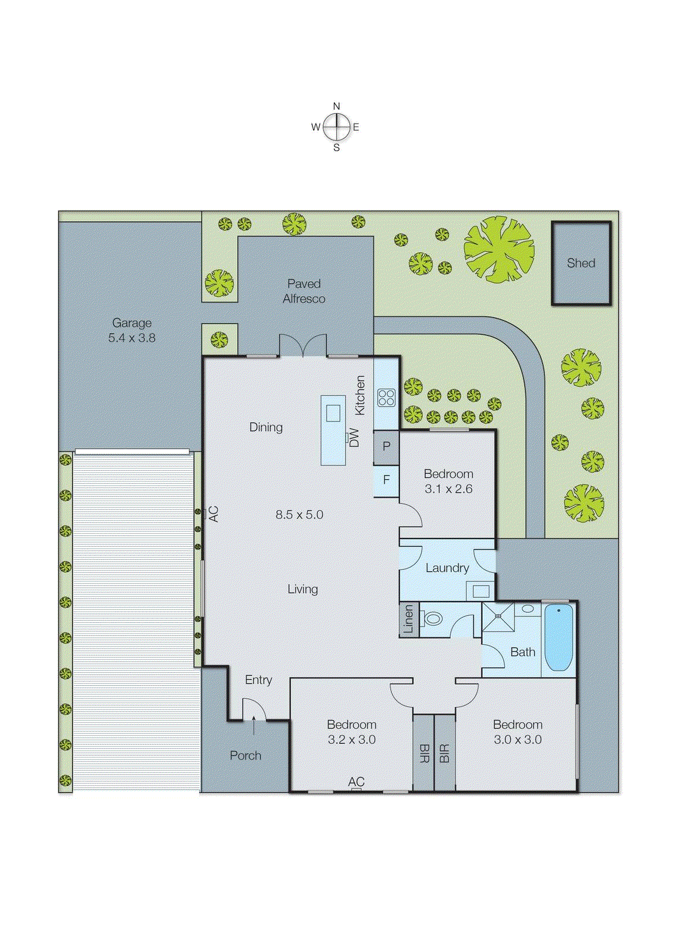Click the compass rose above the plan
click(337, 127)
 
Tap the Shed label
click(581, 263)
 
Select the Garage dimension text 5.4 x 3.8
click(132, 338)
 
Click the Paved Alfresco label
click(304, 291)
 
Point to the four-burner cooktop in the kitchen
click(386, 397)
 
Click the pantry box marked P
click(386, 446)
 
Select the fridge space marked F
click(386, 479)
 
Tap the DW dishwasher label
click(354, 437)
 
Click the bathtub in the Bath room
click(558, 637)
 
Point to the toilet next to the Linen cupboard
click(432, 619)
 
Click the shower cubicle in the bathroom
click(498, 617)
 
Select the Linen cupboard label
click(409, 619)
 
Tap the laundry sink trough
click(480, 591)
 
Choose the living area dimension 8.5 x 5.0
click(299, 515)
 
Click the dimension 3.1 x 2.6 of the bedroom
click(448, 489)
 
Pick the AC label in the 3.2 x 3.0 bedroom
click(356, 782)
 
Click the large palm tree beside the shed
click(499, 248)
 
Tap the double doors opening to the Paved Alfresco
click(303, 347)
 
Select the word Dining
click(266, 427)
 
